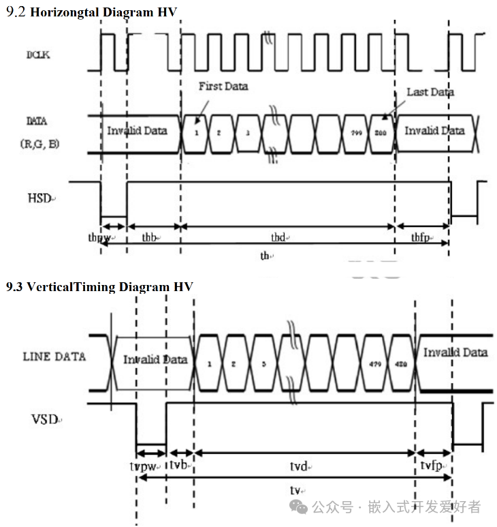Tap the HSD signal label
click(x=40, y=198)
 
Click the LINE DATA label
click(x=54, y=357)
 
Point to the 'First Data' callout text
click(x=223, y=87)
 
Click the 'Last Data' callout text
click(x=430, y=91)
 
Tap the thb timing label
click(x=151, y=238)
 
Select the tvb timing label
click(x=180, y=465)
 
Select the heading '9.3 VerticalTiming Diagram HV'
click(x=99, y=287)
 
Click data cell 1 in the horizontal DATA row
click(x=196, y=132)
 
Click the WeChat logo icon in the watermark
click(x=298, y=506)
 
